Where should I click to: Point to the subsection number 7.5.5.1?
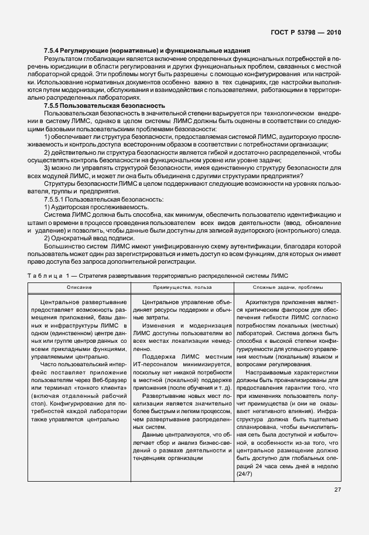pyautogui.click(x=55, y=200)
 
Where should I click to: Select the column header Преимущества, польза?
pyautogui.click(x=181, y=287)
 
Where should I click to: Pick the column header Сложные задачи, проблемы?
pyautogui.click(x=288, y=287)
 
